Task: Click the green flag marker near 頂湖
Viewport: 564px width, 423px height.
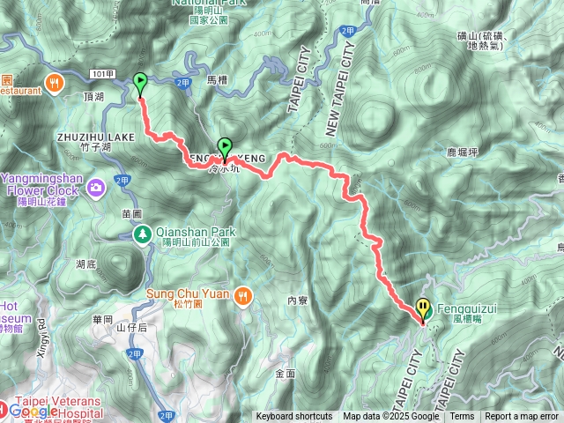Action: tap(140, 84)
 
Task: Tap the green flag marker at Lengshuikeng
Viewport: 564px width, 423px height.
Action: tap(225, 147)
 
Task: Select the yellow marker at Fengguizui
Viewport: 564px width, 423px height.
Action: tap(424, 308)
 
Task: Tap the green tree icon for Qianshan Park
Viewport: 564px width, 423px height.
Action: tap(142, 234)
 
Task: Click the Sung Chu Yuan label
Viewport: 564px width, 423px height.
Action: tap(191, 294)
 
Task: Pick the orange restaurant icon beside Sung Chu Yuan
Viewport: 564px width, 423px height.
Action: tap(244, 296)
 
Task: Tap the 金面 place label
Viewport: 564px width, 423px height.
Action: tap(285, 374)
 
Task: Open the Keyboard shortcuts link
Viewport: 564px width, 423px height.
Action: tap(294, 417)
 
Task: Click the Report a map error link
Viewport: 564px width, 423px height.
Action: tap(522, 417)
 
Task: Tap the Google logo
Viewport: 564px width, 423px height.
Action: tap(33, 411)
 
